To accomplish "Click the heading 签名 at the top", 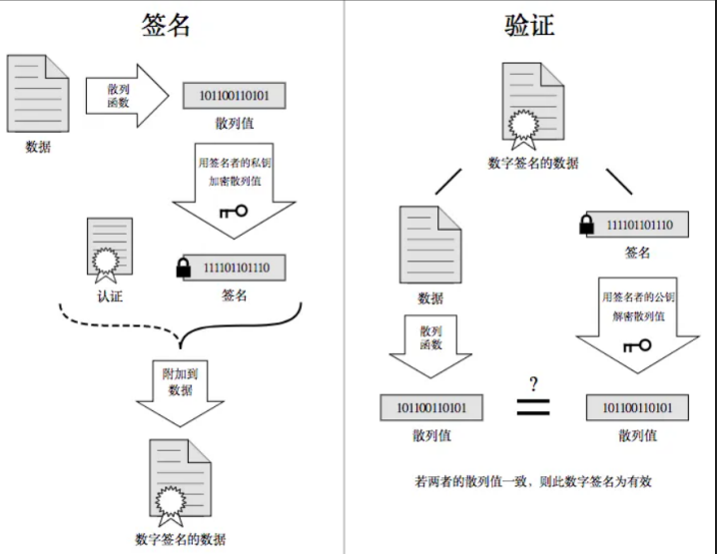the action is [x=166, y=25].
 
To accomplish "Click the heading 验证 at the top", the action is [x=529, y=25].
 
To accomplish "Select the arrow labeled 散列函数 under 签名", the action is [x=127, y=96].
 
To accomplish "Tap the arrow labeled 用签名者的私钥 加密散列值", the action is [x=234, y=190].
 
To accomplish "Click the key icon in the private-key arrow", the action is [x=234, y=212].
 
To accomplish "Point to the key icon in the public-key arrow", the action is [x=637, y=345].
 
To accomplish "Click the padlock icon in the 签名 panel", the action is [x=184, y=268].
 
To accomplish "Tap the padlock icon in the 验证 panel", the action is [x=586, y=225].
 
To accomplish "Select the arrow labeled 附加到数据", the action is [x=180, y=393].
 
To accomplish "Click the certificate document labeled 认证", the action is [x=110, y=250].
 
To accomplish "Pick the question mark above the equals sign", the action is [x=533, y=384].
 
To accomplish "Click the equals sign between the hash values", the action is [x=533, y=407].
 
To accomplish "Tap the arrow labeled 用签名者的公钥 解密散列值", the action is [x=637, y=325].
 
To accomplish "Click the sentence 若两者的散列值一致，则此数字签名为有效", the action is [x=533, y=481].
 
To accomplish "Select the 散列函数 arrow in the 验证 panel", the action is [x=430, y=346].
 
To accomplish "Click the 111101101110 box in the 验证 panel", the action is [x=637, y=225].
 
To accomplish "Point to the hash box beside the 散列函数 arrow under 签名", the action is [x=234, y=96].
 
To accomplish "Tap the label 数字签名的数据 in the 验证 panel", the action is [x=533, y=163].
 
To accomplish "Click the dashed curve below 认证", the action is [x=120, y=324].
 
